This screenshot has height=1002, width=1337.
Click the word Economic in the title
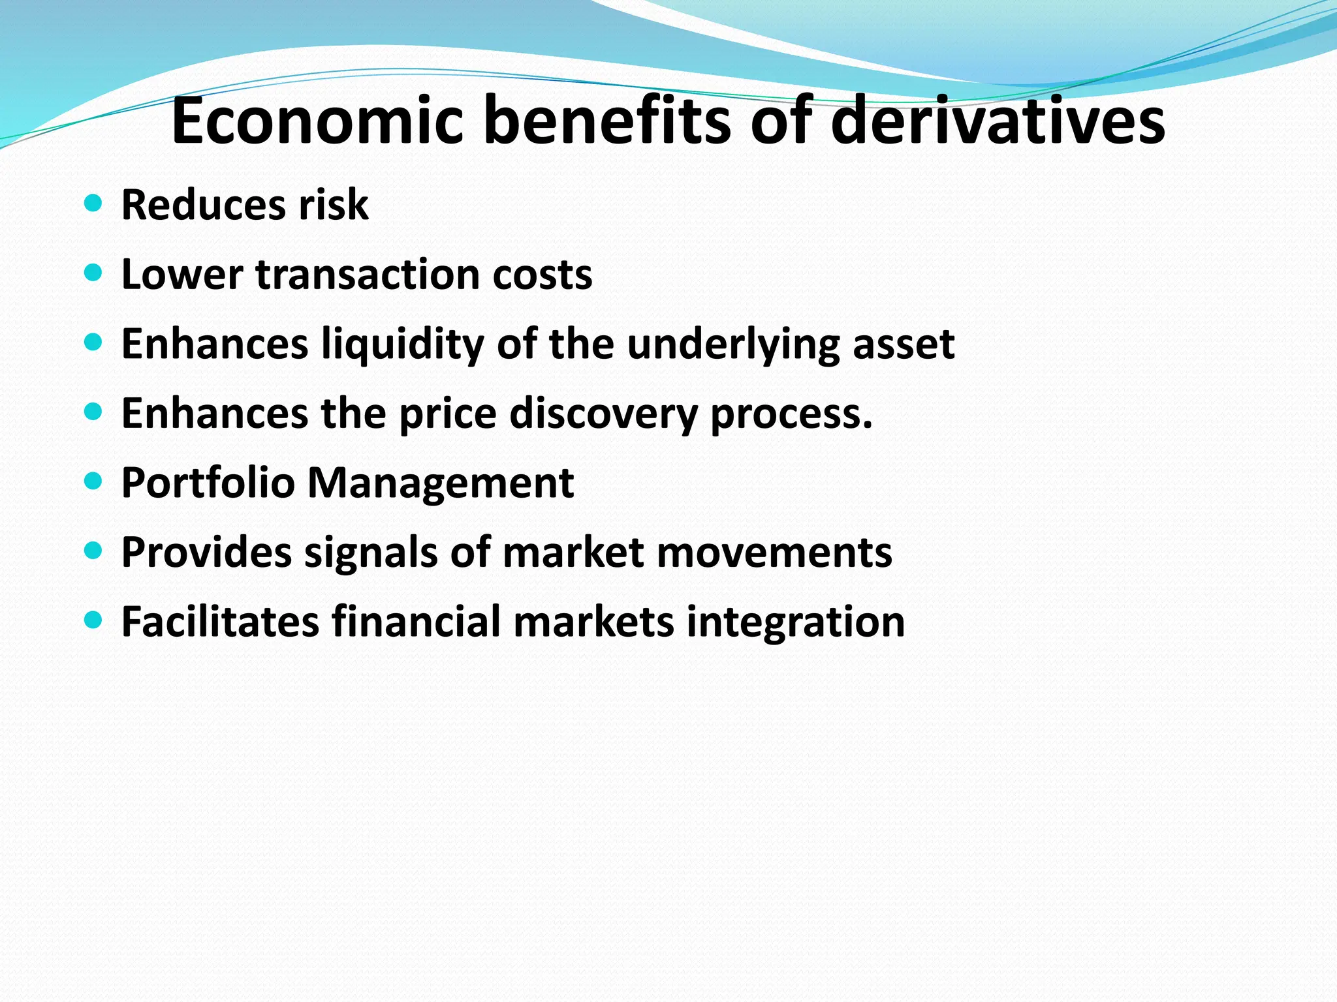tap(317, 121)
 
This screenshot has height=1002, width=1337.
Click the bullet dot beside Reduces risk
tap(94, 203)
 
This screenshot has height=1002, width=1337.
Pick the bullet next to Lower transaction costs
tap(94, 272)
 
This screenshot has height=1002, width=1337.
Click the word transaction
tap(368, 274)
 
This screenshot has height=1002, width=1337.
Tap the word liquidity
tap(403, 344)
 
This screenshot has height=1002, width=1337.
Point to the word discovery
tap(604, 414)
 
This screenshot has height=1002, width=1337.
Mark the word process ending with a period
tap(791, 414)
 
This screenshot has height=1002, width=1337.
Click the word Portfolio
tap(208, 483)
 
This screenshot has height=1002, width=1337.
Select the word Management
tap(441, 483)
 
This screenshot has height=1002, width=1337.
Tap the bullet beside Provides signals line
tap(94, 551)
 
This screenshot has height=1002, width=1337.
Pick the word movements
tap(774, 553)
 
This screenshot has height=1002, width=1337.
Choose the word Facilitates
tap(220, 621)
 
